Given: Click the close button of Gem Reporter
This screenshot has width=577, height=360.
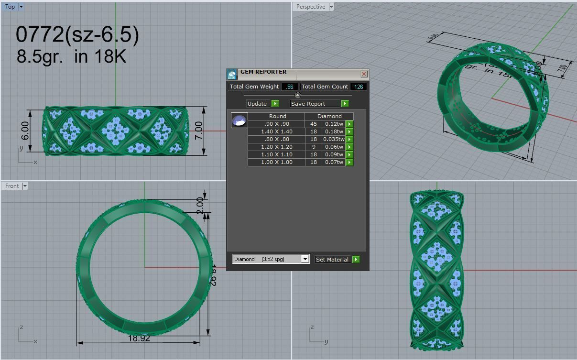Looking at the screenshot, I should pos(364,74).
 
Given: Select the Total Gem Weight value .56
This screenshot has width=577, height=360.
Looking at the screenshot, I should pos(290,87).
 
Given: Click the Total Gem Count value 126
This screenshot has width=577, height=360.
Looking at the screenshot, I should pos(358,87).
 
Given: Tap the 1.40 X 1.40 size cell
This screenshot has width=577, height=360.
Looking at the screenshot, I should pos(276,131).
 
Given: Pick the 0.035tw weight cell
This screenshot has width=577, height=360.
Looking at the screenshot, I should pos(333,139).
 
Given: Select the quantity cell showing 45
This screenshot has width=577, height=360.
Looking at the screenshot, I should pos(313,124).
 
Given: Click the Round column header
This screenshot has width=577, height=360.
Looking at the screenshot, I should pos(277,116).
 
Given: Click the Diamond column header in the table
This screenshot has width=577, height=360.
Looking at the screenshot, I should pos(329,116).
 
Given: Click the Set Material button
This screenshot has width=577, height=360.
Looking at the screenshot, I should pos(332,260).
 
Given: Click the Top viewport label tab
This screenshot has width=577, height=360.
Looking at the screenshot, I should pos(10,7).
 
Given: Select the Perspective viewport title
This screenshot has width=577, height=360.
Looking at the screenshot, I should pos(310,7).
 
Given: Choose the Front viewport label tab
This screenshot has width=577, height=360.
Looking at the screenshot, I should pos(12,186).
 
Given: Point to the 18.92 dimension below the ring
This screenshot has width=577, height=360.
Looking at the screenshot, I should pos(139,338).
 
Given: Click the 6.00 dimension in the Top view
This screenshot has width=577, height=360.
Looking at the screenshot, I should pos(25,130).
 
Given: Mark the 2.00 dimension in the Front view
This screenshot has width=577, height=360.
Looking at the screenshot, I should pos(200,206).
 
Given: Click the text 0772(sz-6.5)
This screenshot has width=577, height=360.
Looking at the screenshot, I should pos(77,35).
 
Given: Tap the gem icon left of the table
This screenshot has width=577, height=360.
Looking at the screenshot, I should pos(239,120).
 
